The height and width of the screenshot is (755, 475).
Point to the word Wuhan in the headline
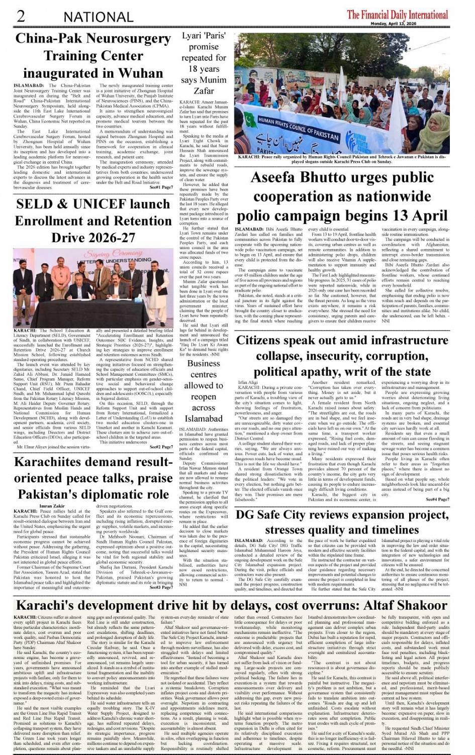point(138,73)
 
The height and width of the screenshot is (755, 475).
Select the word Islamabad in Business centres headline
point(204,418)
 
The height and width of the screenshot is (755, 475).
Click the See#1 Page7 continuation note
point(161,187)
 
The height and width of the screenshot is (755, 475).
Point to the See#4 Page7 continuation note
point(437,499)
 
